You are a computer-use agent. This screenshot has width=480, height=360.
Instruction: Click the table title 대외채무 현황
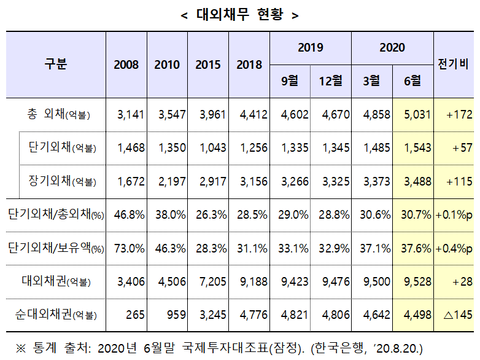pyautogui.click(x=240, y=15)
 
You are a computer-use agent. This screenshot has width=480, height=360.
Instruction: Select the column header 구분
pyautogui.click(x=56, y=64)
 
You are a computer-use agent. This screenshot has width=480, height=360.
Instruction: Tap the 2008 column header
pyautogui.click(x=126, y=65)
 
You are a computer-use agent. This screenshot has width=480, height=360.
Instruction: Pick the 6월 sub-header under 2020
pyautogui.click(x=412, y=80)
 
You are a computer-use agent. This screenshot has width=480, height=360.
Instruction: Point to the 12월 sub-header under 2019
pyautogui.click(x=330, y=80)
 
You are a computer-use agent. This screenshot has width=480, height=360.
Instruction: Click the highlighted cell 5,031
pyautogui.click(x=417, y=115)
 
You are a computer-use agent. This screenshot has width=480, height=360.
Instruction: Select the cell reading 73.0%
pyautogui.click(x=129, y=248)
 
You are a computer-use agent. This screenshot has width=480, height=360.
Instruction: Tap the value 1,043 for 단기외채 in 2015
pyautogui.click(x=211, y=148)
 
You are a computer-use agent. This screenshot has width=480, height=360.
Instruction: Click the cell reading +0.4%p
pyautogui.click(x=454, y=248)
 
